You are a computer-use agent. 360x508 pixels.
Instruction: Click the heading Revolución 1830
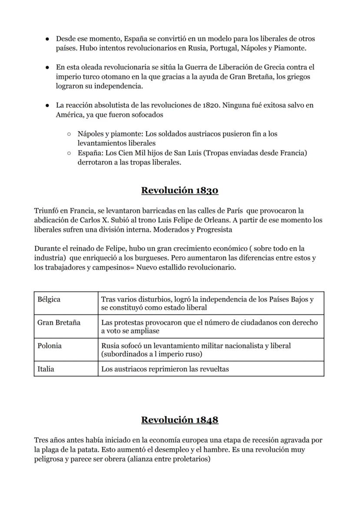coord(180,190)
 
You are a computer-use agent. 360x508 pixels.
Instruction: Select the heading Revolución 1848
coord(180,419)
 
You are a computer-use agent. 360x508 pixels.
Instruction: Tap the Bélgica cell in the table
coord(49,299)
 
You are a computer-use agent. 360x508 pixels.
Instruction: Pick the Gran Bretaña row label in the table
coord(59,322)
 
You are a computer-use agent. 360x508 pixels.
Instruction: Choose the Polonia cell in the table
coord(50,345)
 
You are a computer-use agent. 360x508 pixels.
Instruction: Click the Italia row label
coord(46,369)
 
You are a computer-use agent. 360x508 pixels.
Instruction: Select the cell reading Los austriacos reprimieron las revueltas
coord(165,369)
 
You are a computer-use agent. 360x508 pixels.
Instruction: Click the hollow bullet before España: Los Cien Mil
coord(69,153)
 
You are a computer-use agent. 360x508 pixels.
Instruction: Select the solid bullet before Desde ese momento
coord(47,39)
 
